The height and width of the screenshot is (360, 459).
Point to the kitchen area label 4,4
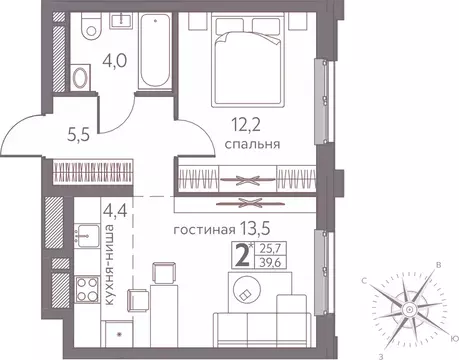(x=114, y=211)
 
